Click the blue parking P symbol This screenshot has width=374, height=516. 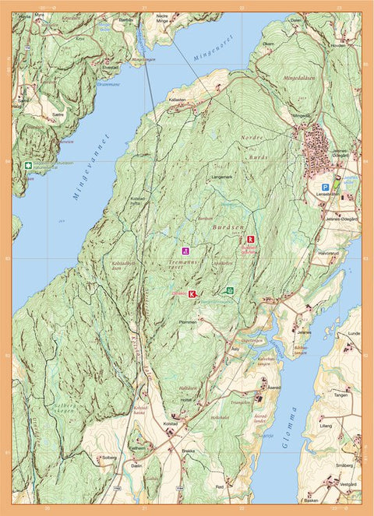pyautogui.click(x=325, y=187)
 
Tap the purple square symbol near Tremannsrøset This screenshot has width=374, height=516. pyautogui.click(x=185, y=251)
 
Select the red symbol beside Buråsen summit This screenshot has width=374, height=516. pyautogui.click(x=250, y=240)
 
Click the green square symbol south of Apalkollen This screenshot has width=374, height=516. pyautogui.click(x=229, y=290)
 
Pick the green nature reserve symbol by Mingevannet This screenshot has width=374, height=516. pyautogui.click(x=28, y=166)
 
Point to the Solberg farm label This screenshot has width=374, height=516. pyautogui.click(x=109, y=457)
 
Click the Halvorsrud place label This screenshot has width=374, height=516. pyautogui.click(x=330, y=254)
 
